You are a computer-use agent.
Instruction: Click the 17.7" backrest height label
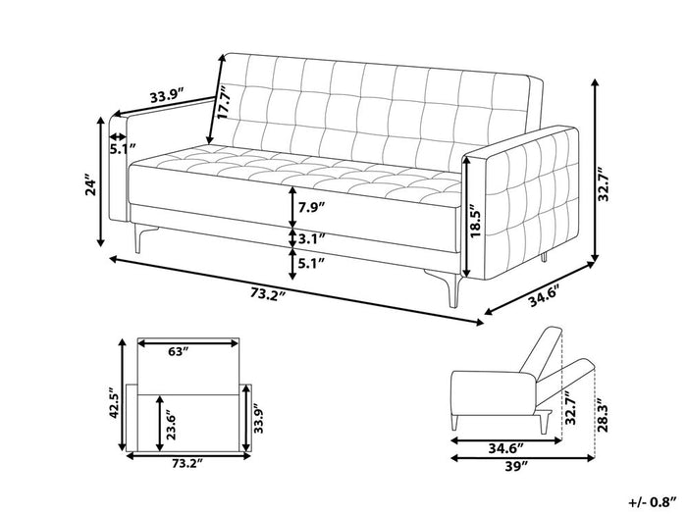[224, 103]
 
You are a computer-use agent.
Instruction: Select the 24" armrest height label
[90, 186]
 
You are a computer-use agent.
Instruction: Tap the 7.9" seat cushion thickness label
[311, 207]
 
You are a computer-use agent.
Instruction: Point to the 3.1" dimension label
[311, 238]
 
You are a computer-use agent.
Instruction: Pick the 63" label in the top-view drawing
[179, 351]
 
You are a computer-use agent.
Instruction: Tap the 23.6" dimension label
[171, 425]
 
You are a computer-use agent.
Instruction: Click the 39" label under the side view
[516, 467]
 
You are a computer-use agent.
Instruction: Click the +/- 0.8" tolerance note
[654, 502]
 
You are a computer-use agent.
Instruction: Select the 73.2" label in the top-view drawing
[187, 464]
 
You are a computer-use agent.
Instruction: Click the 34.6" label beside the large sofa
[545, 298]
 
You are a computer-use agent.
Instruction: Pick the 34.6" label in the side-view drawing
[506, 449]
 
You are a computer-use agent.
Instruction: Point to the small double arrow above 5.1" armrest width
[117, 135]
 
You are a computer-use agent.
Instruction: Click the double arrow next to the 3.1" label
[292, 238]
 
